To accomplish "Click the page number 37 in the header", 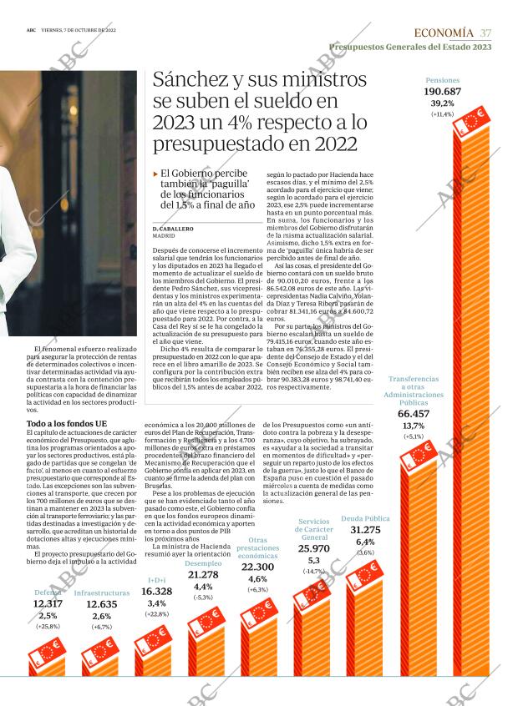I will click(485, 33).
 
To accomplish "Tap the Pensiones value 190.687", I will click(442, 91).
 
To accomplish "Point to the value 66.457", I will click(414, 413).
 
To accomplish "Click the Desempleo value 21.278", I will click(203, 575).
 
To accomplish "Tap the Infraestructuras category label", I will click(102, 593).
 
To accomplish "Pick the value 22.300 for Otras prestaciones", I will click(257, 567).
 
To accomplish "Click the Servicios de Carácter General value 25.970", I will click(313, 548).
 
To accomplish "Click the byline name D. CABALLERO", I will click(174, 228).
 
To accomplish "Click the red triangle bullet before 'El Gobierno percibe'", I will click(155, 174).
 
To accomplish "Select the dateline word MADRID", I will click(165, 236).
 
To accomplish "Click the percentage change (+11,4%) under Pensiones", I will click(442, 114).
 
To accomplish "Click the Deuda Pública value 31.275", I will click(365, 530).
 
